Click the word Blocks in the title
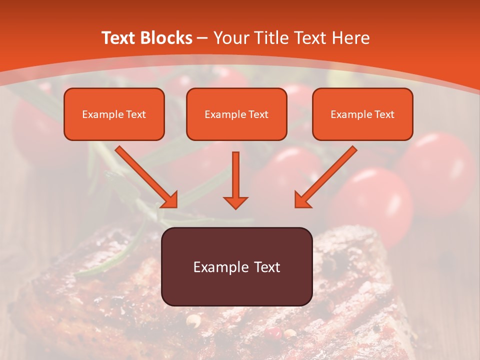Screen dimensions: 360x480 [166, 38]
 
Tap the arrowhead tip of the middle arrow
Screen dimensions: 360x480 [235, 207]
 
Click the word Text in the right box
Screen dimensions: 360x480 [384, 114]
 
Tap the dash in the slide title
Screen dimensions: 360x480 [202, 38]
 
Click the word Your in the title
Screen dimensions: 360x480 [231, 38]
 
